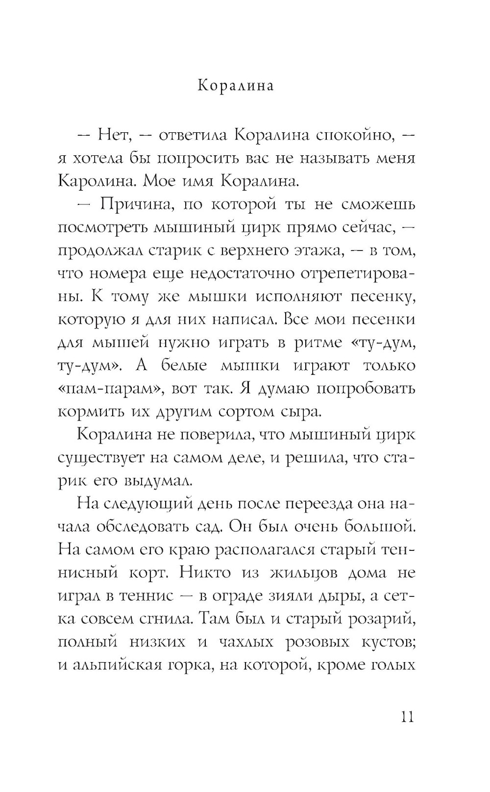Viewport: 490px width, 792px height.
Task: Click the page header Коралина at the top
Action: click(236, 86)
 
